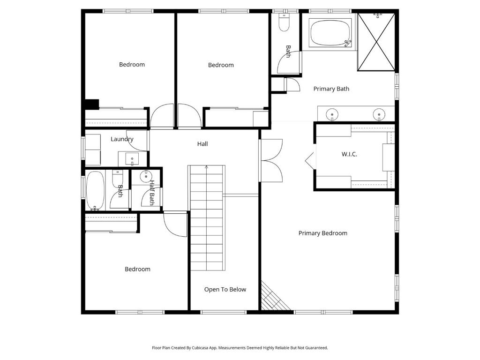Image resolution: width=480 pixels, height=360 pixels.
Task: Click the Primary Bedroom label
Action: (x=322, y=233)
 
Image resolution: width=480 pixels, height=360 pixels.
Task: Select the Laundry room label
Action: (x=122, y=139)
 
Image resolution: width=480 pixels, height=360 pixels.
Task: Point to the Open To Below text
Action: (x=225, y=289)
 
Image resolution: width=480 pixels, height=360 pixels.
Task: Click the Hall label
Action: (x=202, y=144)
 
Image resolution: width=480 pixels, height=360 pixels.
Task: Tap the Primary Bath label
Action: (x=331, y=89)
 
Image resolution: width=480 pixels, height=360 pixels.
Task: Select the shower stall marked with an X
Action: (x=376, y=42)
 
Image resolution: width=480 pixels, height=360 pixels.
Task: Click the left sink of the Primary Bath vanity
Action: (x=332, y=113)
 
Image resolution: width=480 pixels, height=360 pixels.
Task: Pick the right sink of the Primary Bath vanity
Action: (x=379, y=113)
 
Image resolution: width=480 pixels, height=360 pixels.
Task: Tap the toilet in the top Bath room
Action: (x=284, y=22)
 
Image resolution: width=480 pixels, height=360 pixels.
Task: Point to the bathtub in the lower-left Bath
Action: (x=95, y=191)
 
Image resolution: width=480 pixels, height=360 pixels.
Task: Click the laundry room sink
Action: (x=132, y=159)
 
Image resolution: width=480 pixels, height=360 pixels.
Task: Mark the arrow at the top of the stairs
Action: (x=206, y=167)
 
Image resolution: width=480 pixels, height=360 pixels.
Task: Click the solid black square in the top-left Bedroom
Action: (x=91, y=104)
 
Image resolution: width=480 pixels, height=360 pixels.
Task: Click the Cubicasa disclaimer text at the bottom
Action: (x=240, y=348)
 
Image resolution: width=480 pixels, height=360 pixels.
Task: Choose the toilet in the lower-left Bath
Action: (x=118, y=178)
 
